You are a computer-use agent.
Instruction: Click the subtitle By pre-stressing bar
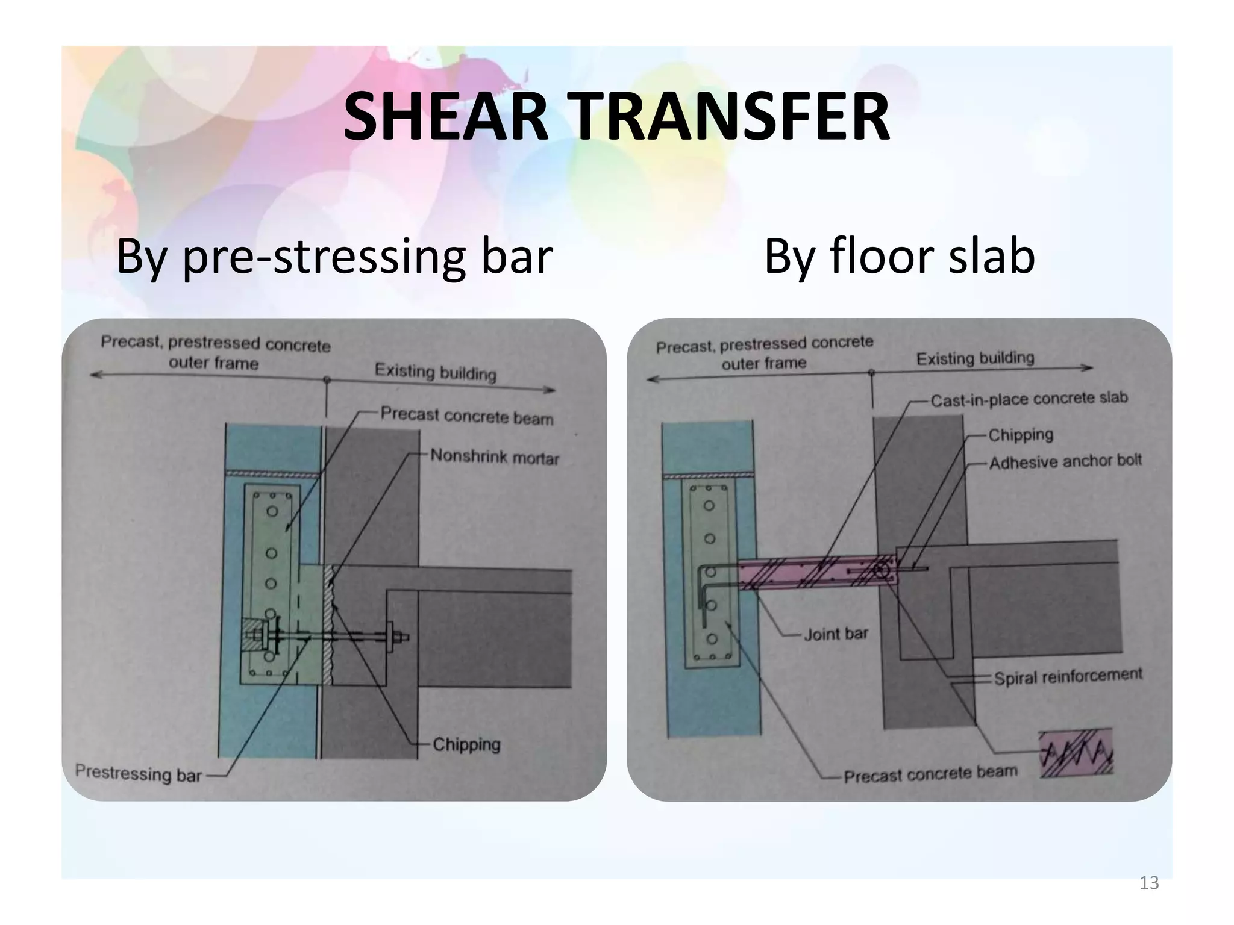334,257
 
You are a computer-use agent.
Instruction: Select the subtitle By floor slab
899,257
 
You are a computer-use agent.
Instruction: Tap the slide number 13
1149,883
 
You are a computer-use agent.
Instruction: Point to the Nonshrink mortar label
495,457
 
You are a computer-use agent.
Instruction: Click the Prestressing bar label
138,773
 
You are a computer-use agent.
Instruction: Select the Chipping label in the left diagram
466,744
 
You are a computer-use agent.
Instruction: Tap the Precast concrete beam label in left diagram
466,416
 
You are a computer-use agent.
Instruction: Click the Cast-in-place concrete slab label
1029,399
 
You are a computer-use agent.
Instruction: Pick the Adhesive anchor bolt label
1065,462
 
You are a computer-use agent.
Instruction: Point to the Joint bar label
836,634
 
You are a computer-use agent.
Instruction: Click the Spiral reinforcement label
1068,676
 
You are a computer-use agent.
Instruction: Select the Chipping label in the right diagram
1021,434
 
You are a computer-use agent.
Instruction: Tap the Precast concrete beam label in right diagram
930,774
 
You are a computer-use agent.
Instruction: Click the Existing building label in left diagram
435,372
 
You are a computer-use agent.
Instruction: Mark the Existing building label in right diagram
975,358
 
